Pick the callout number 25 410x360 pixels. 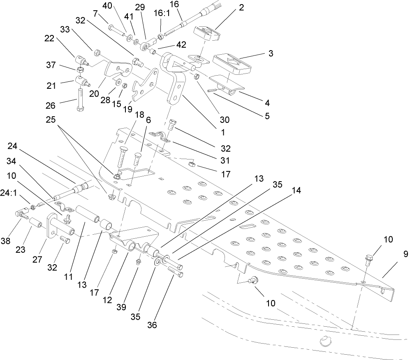point(64,124)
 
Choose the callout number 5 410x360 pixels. point(267,116)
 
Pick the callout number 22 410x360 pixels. point(49,38)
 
